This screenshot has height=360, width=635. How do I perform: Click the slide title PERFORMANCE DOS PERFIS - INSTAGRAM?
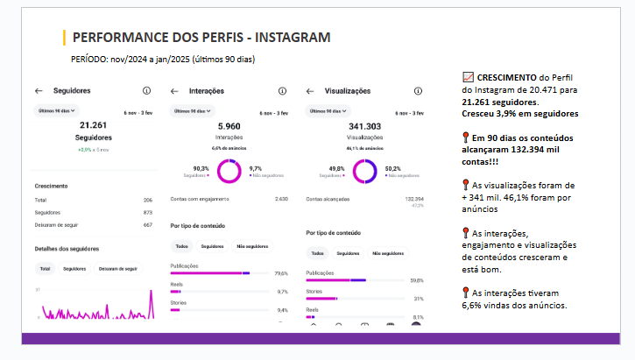point(201,38)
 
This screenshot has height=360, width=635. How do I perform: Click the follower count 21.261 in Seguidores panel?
point(94,126)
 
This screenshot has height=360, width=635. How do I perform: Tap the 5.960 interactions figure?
point(229,126)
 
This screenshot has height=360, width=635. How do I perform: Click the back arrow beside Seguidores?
point(39,90)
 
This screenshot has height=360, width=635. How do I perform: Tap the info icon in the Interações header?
point(282,90)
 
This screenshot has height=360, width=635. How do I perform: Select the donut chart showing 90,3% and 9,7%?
point(229,171)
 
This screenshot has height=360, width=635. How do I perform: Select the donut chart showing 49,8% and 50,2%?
point(364,171)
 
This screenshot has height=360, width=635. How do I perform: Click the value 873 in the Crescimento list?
point(148,212)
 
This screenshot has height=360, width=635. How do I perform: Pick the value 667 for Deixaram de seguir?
point(148,224)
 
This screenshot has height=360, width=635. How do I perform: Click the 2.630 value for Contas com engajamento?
point(281,199)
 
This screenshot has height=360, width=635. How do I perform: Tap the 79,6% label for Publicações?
point(281,273)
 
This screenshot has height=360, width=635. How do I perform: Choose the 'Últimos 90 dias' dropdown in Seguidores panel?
point(57,110)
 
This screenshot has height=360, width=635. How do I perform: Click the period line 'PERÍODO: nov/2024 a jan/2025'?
point(162,59)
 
